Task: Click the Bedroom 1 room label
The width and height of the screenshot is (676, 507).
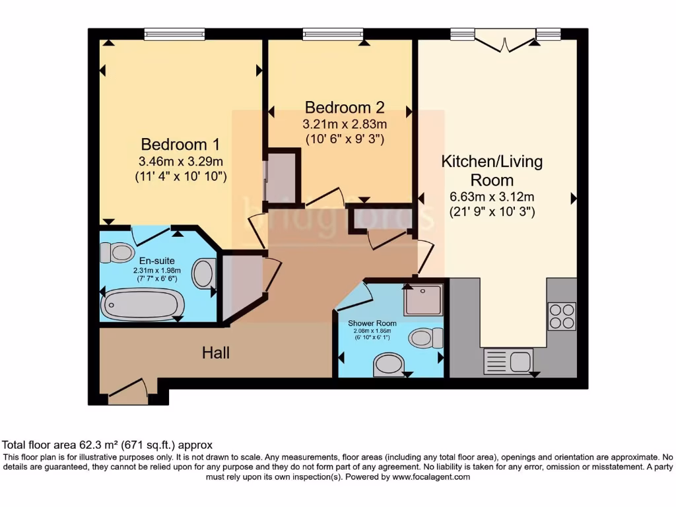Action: pyautogui.click(x=180, y=144)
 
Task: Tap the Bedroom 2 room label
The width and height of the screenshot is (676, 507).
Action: pyautogui.click(x=344, y=107)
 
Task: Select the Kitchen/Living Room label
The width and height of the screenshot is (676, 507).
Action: pyautogui.click(x=492, y=170)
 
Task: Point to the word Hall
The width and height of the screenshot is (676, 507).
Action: pyautogui.click(x=216, y=353)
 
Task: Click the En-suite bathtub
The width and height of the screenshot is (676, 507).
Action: pyautogui.click(x=143, y=304)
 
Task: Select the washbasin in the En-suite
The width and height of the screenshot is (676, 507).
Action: pyautogui.click(x=203, y=273)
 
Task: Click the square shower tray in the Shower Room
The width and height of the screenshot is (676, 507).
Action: pyautogui.click(x=422, y=300)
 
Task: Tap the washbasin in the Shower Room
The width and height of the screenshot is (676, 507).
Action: pyautogui.click(x=389, y=364)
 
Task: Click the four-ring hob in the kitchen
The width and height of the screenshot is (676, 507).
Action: pyautogui.click(x=561, y=316)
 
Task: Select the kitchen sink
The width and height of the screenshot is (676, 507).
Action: pyautogui.click(x=508, y=361)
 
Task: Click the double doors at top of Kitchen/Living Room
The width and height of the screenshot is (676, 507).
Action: pyautogui.click(x=505, y=41)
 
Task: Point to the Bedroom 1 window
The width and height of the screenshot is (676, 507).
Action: pyautogui.click(x=174, y=34)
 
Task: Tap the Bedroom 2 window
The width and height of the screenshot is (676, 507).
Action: pyautogui.click(x=333, y=34)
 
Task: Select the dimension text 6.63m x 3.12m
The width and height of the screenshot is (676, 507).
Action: pyautogui.click(x=492, y=197)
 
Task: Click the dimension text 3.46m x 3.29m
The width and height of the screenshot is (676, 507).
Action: pyautogui.click(x=180, y=161)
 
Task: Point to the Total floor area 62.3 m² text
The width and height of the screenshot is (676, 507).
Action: pyautogui.click(x=107, y=445)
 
